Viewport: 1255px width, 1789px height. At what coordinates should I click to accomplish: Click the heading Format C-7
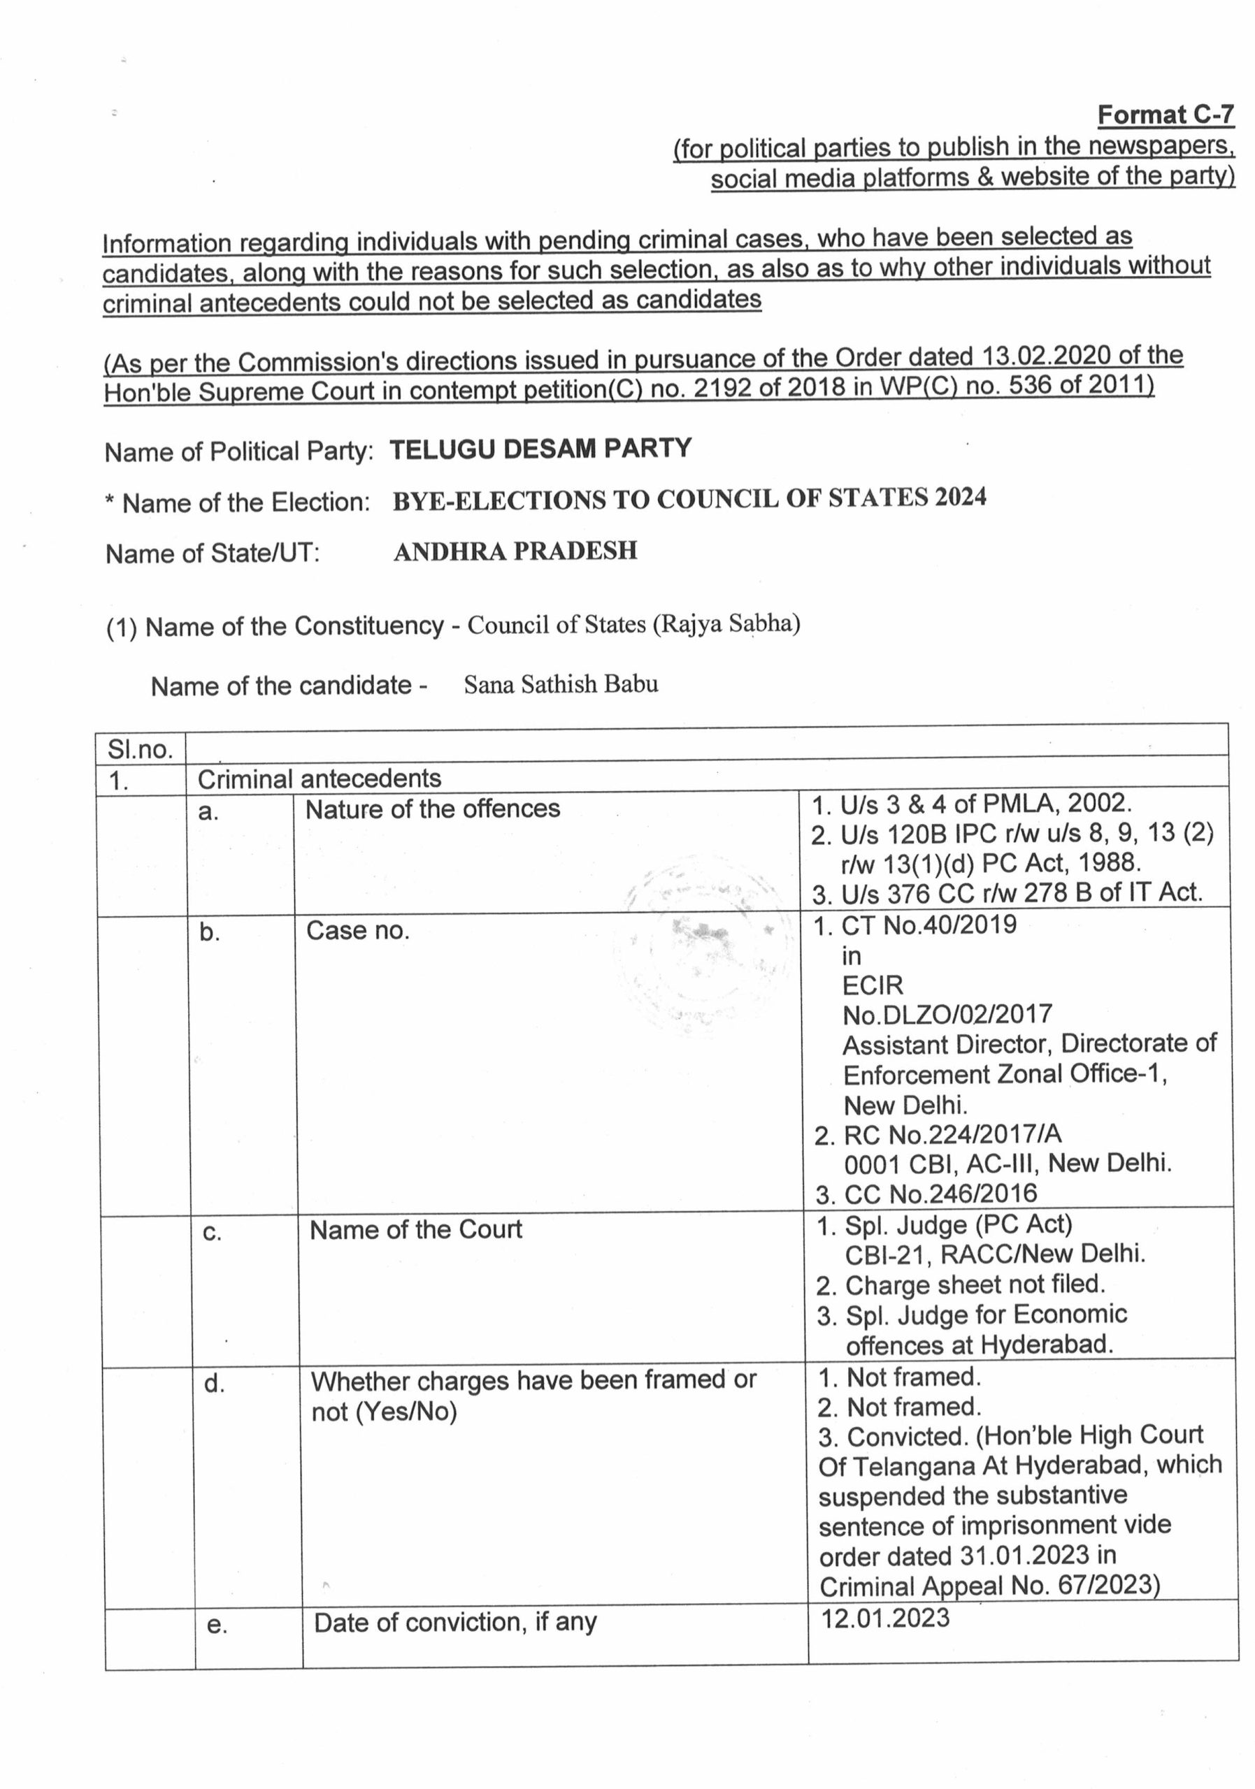[x=1166, y=115]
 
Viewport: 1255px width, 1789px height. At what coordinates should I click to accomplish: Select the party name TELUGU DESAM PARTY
[x=540, y=449]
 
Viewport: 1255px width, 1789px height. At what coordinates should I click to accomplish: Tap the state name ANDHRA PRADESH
[x=515, y=551]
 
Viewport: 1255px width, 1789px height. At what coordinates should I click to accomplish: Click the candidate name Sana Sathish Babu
[x=561, y=684]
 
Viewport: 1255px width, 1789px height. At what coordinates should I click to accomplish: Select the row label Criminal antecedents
[x=319, y=778]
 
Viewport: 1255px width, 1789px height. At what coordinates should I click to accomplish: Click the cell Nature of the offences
[x=432, y=809]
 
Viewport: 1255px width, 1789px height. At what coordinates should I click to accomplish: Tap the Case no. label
[x=357, y=930]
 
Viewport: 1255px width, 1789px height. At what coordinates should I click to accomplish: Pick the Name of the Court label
[x=415, y=1229]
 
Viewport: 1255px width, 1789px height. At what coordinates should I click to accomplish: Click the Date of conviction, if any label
[x=455, y=1622]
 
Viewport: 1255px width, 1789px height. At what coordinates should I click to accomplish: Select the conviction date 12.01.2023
[x=886, y=1618]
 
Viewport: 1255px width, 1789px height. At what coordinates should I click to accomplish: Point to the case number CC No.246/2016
[x=941, y=1194]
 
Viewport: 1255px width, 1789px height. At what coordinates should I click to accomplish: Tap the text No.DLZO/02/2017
[x=947, y=1015]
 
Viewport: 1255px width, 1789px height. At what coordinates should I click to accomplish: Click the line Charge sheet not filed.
[x=975, y=1284]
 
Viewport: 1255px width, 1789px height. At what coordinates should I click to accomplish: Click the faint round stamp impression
[x=701, y=950]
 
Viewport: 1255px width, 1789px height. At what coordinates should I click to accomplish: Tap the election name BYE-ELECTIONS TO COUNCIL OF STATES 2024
[x=689, y=499]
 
